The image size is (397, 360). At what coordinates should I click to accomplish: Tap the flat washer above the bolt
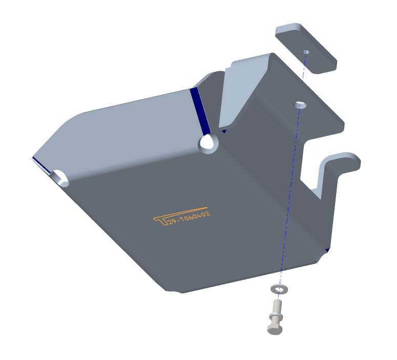pyautogui.click(x=279, y=289)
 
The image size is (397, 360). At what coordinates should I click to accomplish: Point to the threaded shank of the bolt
pyautogui.click(x=277, y=306)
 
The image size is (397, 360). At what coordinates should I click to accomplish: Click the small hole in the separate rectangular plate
pyautogui.click(x=306, y=52)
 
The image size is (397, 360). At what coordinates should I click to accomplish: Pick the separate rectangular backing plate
pyautogui.click(x=306, y=48)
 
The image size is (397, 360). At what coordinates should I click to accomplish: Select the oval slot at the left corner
pyautogui.click(x=60, y=179)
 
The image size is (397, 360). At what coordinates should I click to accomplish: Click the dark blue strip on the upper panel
pyautogui.click(x=200, y=111)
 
